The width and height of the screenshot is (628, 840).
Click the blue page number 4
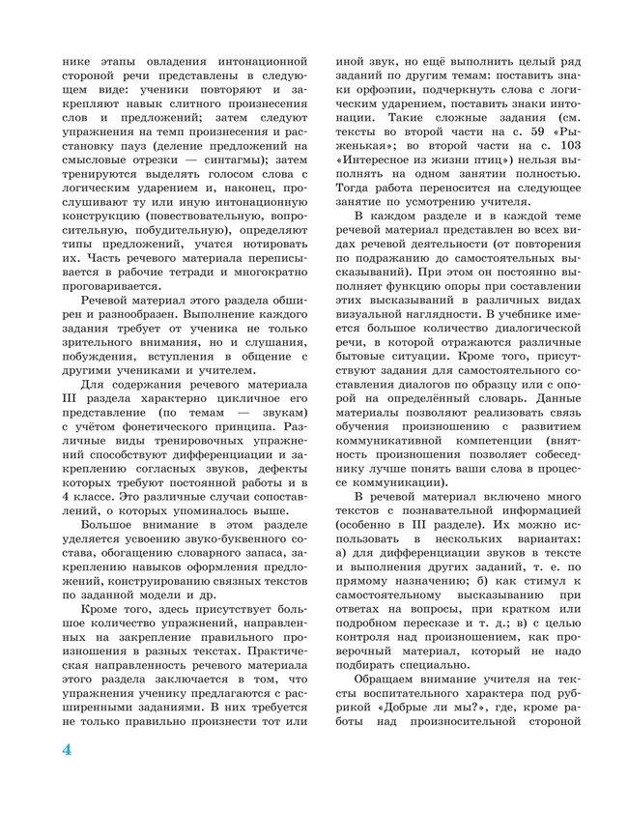coord(68,749)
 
